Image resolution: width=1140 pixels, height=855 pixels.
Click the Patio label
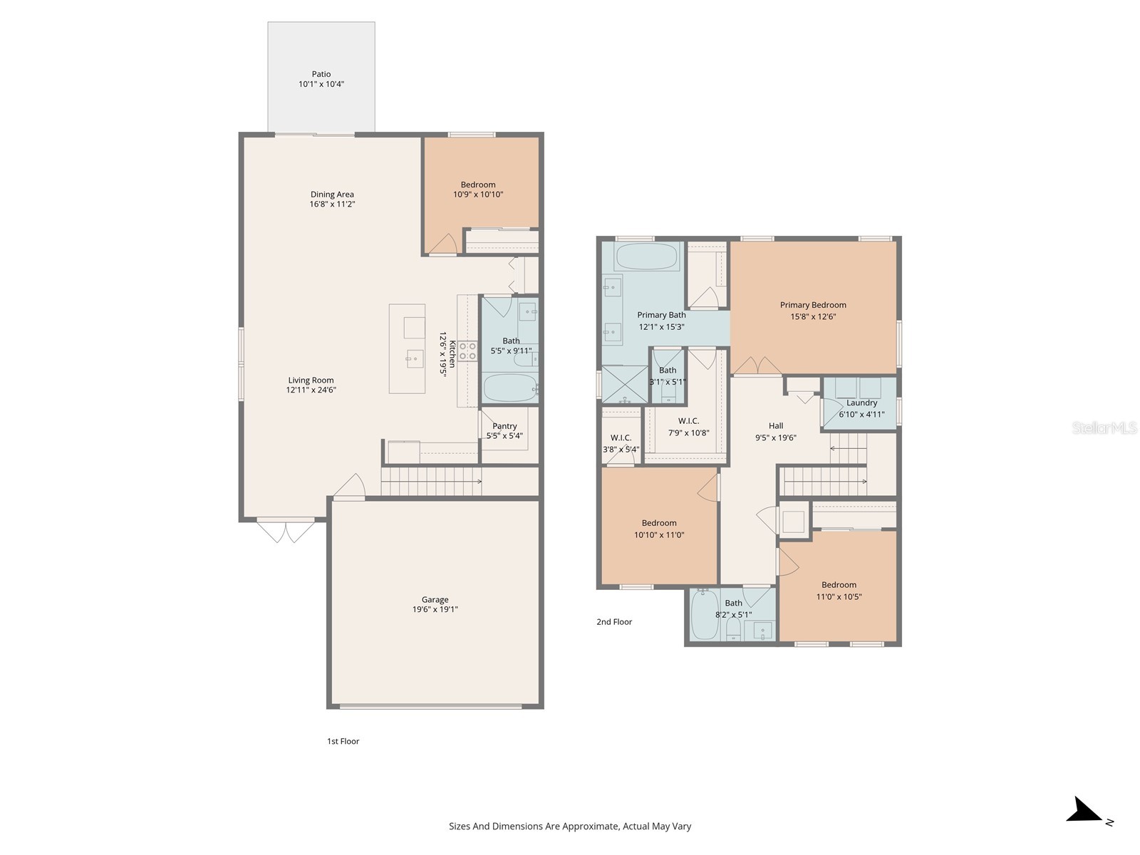321,74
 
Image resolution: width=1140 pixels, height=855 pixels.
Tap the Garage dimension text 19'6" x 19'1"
435,610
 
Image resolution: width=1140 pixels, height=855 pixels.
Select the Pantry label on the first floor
504,426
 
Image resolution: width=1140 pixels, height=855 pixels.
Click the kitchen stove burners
467,351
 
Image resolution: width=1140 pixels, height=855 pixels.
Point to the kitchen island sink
415,358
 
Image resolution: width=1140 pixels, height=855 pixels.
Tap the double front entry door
286,531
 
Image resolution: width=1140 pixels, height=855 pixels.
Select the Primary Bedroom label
813,305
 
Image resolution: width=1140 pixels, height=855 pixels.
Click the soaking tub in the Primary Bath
646,256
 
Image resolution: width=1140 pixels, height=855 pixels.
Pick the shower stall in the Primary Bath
624,385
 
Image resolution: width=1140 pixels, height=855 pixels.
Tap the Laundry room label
861,403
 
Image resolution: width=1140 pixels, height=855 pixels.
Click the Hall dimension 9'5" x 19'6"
776,438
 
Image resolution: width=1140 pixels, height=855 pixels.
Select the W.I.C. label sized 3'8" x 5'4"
621,438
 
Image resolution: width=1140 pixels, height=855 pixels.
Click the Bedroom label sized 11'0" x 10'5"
839,585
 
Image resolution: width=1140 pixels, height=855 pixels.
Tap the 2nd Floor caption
614,622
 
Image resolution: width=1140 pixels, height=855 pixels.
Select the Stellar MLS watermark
1104,428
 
